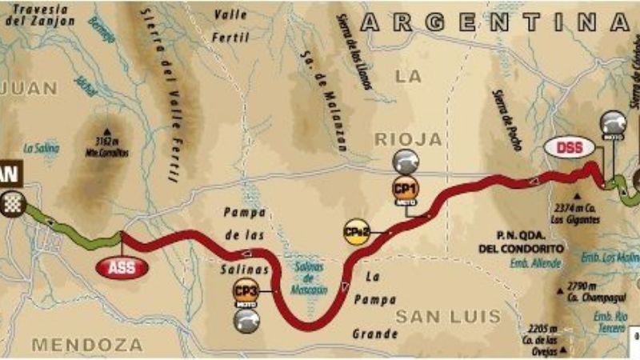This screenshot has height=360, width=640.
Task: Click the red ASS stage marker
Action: pyautogui.click(x=122, y=267)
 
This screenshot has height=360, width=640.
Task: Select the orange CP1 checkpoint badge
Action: pyautogui.click(x=406, y=189)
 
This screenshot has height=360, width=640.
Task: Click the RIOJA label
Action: pyautogui.click(x=408, y=139)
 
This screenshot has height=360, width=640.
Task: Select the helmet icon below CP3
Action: pyautogui.click(x=246, y=319)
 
